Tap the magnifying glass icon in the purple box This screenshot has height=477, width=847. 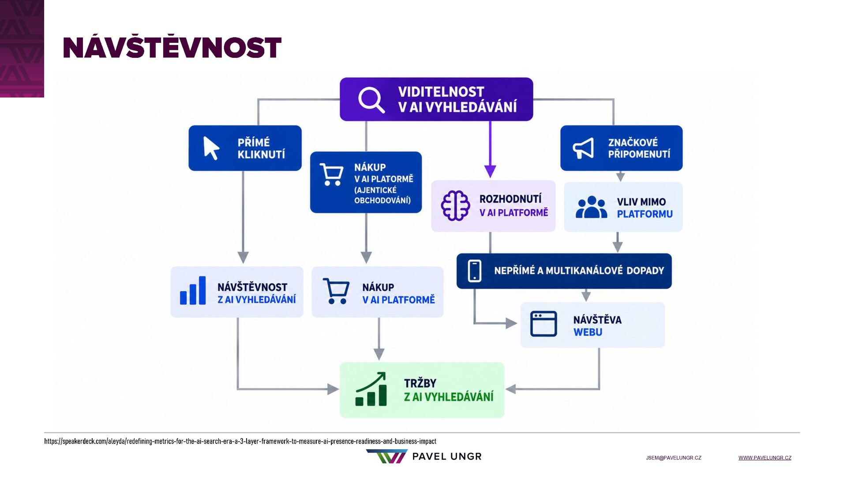pyautogui.click(x=371, y=99)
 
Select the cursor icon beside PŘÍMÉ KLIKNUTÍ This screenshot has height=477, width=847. pyautogui.click(x=211, y=148)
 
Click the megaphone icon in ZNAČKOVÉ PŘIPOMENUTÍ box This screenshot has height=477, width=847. pyautogui.click(x=583, y=148)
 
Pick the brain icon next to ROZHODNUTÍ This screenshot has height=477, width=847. pyautogui.click(x=455, y=205)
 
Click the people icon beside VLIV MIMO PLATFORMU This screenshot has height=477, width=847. pyautogui.click(x=591, y=207)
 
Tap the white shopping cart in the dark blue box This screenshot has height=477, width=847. pyautogui.click(x=332, y=174)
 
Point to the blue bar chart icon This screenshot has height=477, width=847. pyautogui.click(x=193, y=290)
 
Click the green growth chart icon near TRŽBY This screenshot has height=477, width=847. pyautogui.click(x=371, y=389)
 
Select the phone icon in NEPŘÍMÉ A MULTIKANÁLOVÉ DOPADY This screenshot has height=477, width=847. pyautogui.click(x=475, y=270)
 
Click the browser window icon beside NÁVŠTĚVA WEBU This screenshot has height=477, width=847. pyautogui.click(x=543, y=324)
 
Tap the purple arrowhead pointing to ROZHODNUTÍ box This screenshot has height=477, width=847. pyautogui.click(x=490, y=171)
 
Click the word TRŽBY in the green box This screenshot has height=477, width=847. pyautogui.click(x=420, y=383)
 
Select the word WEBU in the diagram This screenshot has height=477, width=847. pyautogui.click(x=588, y=332)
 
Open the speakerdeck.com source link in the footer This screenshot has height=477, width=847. pyautogui.click(x=240, y=441)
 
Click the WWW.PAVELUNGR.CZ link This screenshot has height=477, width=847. pyautogui.click(x=765, y=458)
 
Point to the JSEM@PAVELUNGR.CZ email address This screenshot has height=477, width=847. pyautogui.click(x=674, y=458)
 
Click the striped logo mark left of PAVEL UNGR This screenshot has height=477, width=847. pyautogui.click(x=387, y=456)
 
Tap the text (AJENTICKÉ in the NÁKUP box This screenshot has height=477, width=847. pyautogui.click(x=375, y=190)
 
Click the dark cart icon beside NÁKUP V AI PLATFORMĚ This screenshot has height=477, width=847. pyautogui.click(x=336, y=291)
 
